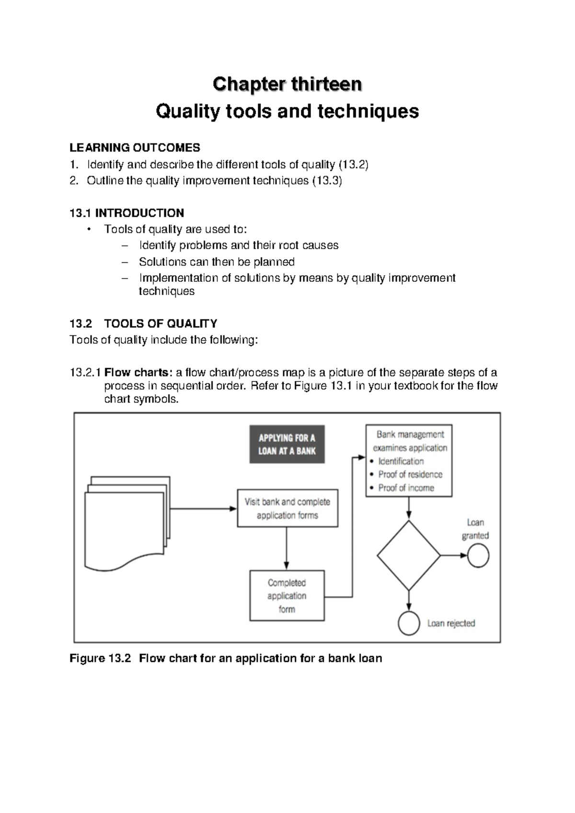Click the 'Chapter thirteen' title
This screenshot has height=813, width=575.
pyautogui.click(x=287, y=84)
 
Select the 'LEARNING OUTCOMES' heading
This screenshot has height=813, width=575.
pyautogui.click(x=135, y=148)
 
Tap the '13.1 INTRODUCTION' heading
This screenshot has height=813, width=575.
pyautogui.click(x=126, y=213)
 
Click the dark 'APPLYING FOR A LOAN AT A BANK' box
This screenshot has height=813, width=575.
pyautogui.click(x=287, y=444)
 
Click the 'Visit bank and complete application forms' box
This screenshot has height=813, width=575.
pyautogui.click(x=287, y=509)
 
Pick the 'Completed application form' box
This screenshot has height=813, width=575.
pyautogui.click(x=287, y=596)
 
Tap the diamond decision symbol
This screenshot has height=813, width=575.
pyautogui.click(x=408, y=556)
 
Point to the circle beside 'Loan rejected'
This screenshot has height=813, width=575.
pyautogui.click(x=409, y=624)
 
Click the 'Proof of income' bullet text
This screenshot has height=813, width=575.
pyautogui.click(x=406, y=488)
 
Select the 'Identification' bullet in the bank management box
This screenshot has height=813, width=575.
pyautogui.click(x=401, y=461)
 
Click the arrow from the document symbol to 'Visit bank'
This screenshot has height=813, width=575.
pyautogui.click(x=204, y=509)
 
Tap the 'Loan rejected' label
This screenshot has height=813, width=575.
pyautogui.click(x=451, y=624)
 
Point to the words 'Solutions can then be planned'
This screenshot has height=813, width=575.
pyautogui.click(x=217, y=262)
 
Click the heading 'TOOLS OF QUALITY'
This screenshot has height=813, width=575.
pyautogui.click(x=161, y=324)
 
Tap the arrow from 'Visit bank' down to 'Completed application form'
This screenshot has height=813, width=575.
pyautogui.click(x=287, y=548)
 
